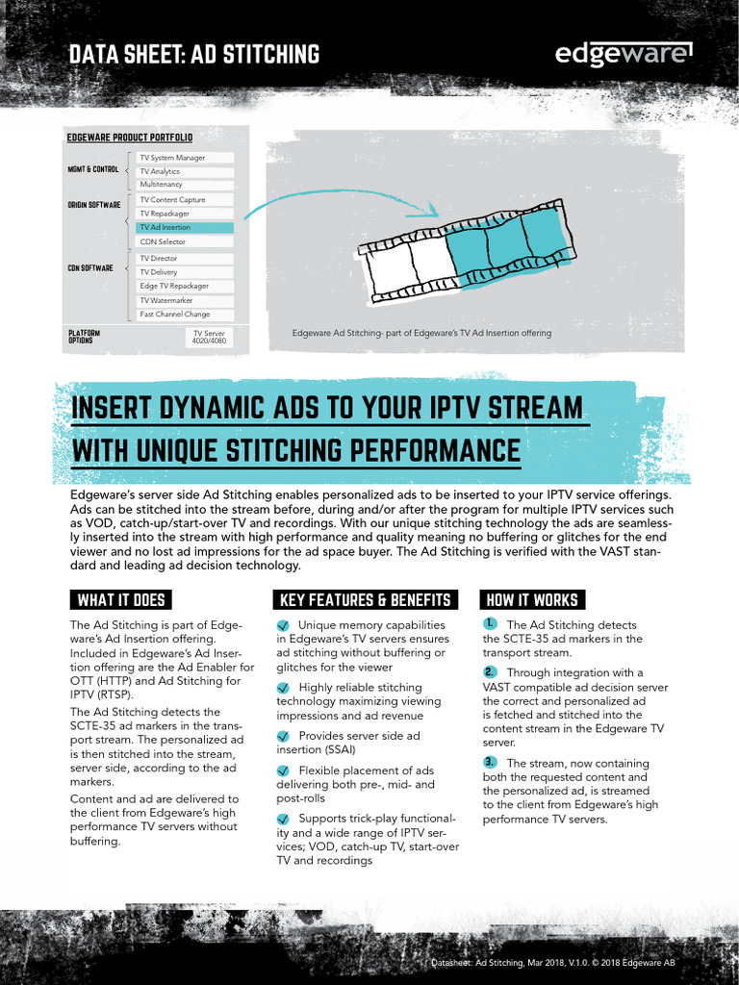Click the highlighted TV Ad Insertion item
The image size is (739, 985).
[184, 228]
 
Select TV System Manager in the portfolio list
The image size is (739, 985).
[184, 158]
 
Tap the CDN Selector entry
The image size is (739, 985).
[184, 242]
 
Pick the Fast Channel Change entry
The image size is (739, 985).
[184, 315]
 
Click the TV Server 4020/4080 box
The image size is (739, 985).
[208, 337]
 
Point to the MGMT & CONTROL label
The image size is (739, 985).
[92, 169]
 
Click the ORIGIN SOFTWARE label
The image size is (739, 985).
[93, 205]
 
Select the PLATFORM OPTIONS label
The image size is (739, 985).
[84, 337]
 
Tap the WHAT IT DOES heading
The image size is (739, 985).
[121, 600]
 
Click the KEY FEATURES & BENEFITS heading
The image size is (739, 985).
[365, 600]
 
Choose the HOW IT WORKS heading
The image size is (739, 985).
[532, 600]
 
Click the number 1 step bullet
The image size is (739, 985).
[490, 624]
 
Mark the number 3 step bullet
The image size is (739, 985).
[490, 762]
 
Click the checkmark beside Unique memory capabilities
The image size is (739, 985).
[283, 625]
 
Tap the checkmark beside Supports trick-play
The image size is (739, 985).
[283, 819]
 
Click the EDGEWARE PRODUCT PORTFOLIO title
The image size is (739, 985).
[130, 138]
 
